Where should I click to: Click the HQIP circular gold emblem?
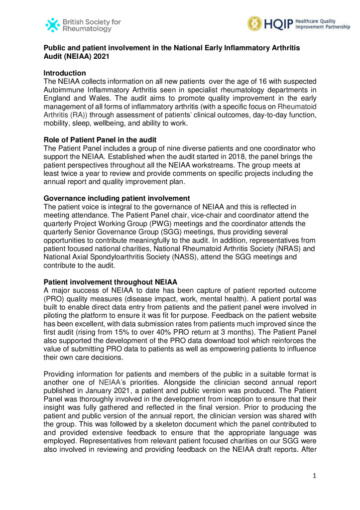click(x=255, y=23)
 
